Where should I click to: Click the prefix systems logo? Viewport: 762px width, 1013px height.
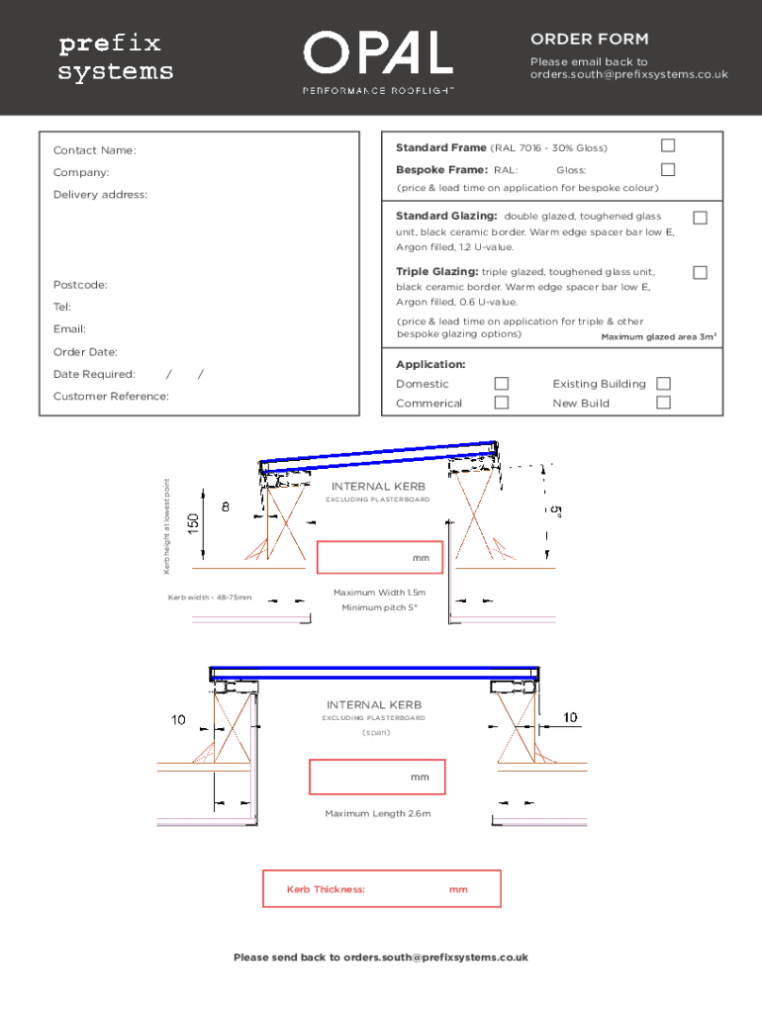pos(116,58)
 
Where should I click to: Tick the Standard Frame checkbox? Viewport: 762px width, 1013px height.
pos(668,146)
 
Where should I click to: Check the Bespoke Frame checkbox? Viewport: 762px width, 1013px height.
pos(668,169)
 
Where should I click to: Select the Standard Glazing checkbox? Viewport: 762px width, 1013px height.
pos(700,217)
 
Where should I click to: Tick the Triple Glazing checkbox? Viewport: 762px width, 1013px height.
pos(700,272)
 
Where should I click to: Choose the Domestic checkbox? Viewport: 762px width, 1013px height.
pos(502,383)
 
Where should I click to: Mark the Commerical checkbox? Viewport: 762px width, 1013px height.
pos(502,402)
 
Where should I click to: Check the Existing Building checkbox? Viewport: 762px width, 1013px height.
pos(663,383)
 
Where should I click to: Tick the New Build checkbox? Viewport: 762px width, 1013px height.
pos(663,402)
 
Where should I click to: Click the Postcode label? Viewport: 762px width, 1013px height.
pos(80,285)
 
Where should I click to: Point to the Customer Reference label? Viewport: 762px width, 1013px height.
pos(111,396)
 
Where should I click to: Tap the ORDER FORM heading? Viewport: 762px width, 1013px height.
pos(589,40)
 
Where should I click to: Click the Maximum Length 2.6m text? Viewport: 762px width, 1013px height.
pos(378,813)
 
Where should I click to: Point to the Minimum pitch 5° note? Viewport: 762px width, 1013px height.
pos(380,607)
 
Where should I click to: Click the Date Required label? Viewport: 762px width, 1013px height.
pos(94,374)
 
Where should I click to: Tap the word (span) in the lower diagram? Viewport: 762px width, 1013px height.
pos(376,732)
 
